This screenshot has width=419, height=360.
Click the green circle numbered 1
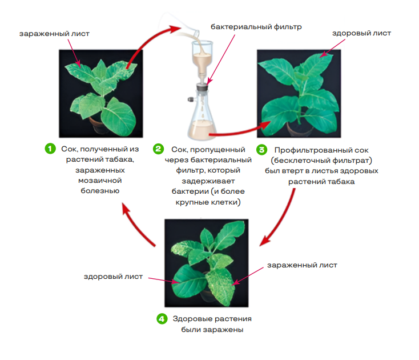50,149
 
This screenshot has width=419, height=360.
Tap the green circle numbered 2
158,149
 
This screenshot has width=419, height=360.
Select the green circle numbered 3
262,150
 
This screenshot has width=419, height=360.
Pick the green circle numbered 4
162,319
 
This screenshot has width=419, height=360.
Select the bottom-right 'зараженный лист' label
302,265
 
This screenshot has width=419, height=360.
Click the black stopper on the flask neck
203,87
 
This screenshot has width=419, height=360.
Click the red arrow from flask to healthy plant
240,130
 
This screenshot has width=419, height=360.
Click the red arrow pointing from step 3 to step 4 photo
280,218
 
